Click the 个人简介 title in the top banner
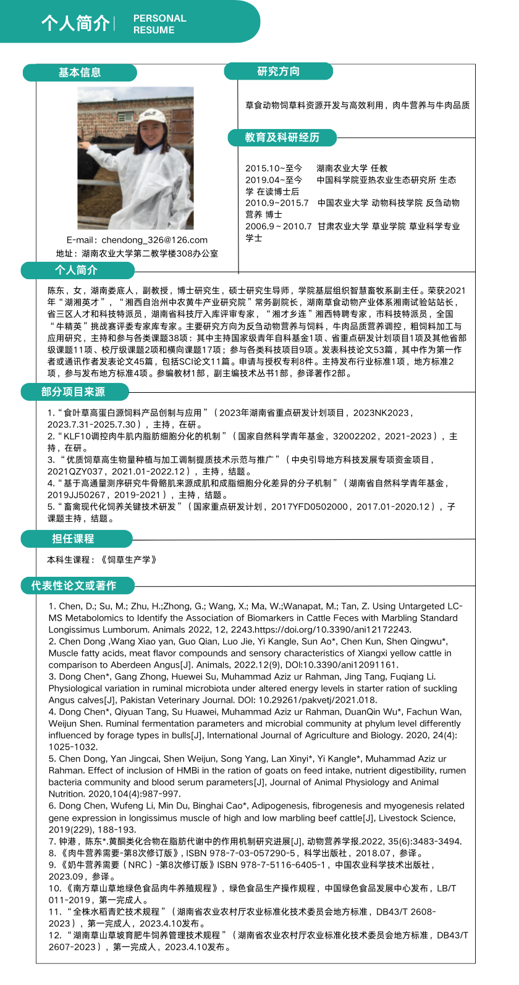75,23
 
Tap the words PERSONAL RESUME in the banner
159,24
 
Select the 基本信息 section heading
80,73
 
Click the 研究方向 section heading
278,72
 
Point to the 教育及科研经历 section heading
282,137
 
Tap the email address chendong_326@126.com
154,240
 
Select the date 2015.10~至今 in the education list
274,168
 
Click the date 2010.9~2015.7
277,203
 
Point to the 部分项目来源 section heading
73,392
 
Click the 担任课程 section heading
73,539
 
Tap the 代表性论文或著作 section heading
74,585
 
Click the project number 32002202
355,437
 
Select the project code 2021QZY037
75,472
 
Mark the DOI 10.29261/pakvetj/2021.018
317,700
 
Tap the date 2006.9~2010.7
279,226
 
